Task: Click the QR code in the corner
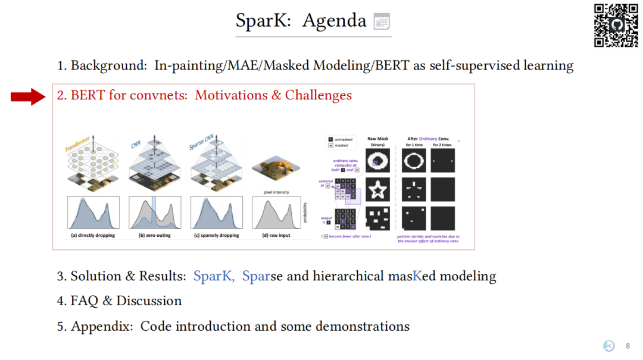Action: click(616, 25)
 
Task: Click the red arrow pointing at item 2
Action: click(28, 96)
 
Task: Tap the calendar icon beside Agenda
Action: click(382, 22)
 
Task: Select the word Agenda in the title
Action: click(334, 21)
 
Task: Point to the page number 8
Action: click(628, 346)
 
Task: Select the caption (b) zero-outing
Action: click(155, 236)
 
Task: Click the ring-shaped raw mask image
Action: click(378, 159)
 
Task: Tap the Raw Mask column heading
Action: click(378, 139)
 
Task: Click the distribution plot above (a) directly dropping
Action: click(93, 212)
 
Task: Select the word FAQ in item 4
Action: click(85, 301)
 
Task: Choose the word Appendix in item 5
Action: click(102, 327)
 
